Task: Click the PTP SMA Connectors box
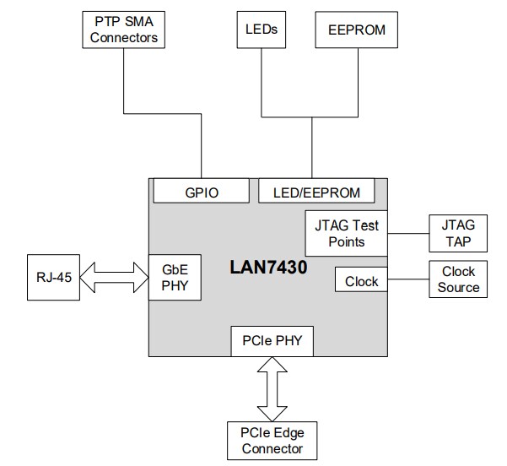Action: [125, 29]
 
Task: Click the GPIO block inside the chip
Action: [202, 192]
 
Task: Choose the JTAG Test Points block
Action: [345, 234]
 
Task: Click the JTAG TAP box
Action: [458, 234]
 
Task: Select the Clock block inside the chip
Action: [362, 280]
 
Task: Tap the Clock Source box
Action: [458, 279]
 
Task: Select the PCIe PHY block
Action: [272, 342]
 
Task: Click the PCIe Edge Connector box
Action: [272, 441]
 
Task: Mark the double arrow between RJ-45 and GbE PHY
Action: [115, 276]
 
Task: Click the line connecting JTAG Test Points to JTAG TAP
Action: [408, 234]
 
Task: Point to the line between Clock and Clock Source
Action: [408, 279]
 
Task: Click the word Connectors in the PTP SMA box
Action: [125, 37]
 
